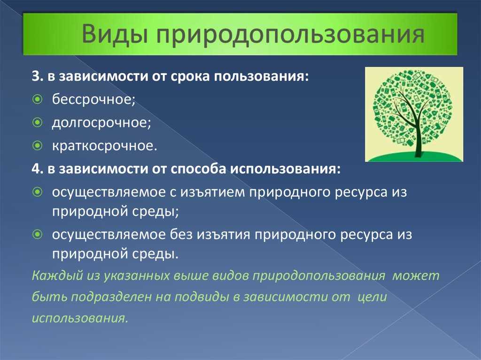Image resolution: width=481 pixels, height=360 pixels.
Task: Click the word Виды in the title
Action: point(114,34)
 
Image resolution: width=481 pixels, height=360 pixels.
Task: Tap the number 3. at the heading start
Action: point(38,76)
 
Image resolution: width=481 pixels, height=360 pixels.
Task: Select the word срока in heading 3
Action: point(189,77)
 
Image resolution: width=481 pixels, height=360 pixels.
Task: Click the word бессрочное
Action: point(93,100)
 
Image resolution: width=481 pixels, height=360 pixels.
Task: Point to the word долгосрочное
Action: point(101,123)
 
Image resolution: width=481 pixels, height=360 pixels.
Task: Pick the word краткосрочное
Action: point(105,146)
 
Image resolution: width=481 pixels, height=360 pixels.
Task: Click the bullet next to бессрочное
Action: point(37,100)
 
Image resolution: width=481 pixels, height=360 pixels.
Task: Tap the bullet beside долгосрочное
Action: point(37,123)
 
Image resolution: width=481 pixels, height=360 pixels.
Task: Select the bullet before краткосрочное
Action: point(37,146)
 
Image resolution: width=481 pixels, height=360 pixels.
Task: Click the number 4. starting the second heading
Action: point(38,169)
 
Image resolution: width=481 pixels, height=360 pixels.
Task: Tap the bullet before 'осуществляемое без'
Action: point(37,235)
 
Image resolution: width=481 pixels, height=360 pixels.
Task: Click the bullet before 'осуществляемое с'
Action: point(37,192)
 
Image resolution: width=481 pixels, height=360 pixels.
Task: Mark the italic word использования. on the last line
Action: point(80,318)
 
